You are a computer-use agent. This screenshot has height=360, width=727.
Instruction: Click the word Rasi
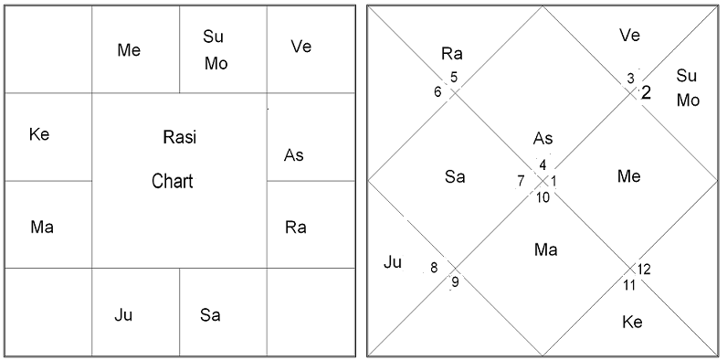click(179, 138)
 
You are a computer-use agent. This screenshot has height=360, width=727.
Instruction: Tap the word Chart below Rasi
click(173, 181)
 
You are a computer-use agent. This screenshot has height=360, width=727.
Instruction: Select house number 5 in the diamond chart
click(454, 77)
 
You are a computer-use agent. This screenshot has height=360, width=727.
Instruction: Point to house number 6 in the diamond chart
click(438, 91)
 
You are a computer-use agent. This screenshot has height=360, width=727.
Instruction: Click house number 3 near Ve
click(629, 79)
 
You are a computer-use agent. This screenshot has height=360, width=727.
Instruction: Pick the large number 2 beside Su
click(646, 92)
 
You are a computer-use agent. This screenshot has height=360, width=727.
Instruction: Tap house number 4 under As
click(543, 165)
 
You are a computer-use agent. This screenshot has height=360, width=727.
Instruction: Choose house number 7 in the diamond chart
click(521, 180)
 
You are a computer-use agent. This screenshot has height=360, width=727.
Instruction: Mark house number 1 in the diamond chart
click(554, 181)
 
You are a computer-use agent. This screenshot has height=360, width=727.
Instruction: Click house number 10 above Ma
click(543, 196)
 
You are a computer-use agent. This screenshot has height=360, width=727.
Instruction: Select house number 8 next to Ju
click(434, 268)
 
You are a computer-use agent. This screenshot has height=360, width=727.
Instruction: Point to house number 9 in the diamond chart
click(455, 281)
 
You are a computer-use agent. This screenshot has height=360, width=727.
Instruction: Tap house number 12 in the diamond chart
click(645, 269)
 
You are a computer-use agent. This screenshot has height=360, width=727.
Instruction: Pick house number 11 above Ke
click(629, 285)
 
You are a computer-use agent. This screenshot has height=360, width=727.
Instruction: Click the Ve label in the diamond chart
click(629, 35)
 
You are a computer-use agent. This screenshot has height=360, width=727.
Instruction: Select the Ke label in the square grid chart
click(39, 135)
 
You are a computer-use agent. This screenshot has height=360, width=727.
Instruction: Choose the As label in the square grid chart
click(294, 155)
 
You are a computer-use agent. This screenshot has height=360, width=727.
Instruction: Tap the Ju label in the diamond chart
click(393, 263)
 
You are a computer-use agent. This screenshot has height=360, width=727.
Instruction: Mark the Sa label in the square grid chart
click(210, 316)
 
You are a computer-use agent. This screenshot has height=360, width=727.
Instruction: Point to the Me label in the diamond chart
click(628, 176)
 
